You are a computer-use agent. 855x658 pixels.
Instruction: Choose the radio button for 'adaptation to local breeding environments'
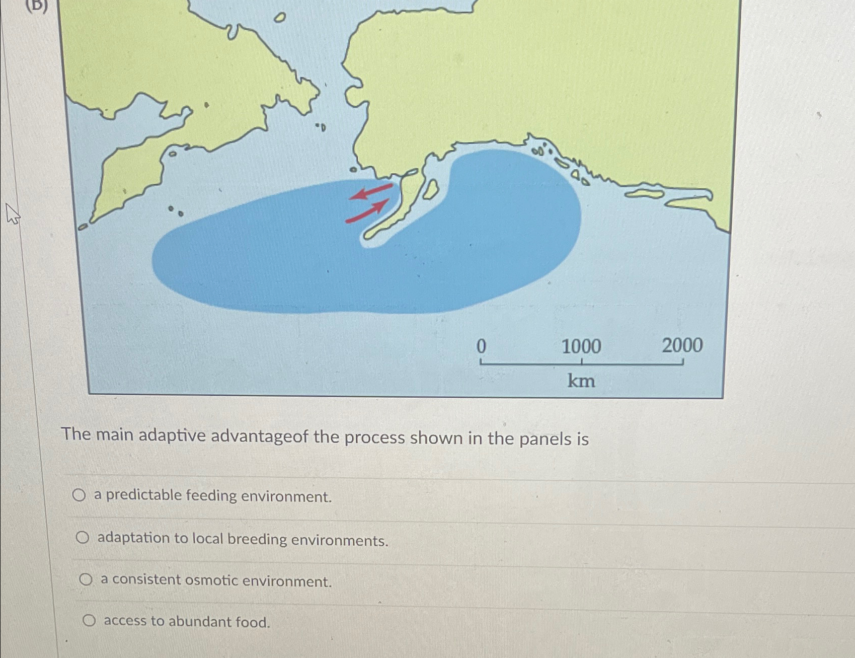tap(83, 538)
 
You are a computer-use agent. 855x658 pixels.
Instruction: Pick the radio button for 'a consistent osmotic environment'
tap(86, 580)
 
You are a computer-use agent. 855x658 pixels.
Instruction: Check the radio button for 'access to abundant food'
tap(89, 621)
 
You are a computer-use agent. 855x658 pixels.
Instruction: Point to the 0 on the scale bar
tap(481, 347)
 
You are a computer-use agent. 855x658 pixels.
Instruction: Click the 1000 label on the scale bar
tap(581, 346)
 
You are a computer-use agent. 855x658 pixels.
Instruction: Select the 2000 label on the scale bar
tap(682, 345)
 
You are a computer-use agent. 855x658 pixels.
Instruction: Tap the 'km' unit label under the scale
tap(581, 381)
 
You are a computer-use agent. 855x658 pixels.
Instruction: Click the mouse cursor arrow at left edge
tap(12, 213)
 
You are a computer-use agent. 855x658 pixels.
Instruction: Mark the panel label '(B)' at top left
tap(38, 6)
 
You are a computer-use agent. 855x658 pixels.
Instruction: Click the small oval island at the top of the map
tap(279, 18)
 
